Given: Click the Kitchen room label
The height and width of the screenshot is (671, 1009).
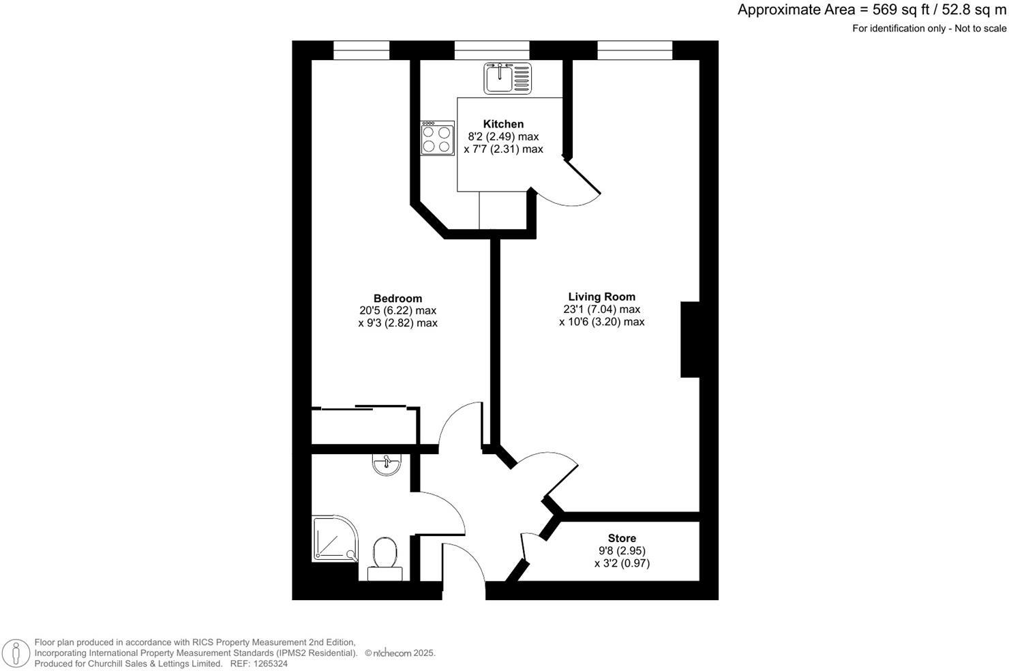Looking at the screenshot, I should (503, 124).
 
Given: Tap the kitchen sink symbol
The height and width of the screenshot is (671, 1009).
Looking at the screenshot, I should (507, 78).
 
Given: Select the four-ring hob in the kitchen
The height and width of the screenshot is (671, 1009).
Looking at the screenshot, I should (437, 138).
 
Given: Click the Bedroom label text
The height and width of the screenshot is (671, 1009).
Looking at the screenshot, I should (397, 299).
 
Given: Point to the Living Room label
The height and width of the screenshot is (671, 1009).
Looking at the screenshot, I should (601, 297).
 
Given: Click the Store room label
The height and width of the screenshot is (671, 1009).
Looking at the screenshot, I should (622, 539).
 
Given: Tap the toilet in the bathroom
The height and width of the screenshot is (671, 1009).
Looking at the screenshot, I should (385, 555).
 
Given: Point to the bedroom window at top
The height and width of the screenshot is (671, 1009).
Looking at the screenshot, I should (361, 50).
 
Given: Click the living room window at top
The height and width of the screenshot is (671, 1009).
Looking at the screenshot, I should (635, 50).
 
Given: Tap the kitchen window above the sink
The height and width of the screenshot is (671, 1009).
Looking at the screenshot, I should (492, 50).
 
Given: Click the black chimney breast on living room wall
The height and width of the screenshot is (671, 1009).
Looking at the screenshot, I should (690, 339).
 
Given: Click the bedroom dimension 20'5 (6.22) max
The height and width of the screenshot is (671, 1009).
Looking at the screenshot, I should (397, 311).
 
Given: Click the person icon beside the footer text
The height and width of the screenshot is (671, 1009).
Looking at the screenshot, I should (15, 653).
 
